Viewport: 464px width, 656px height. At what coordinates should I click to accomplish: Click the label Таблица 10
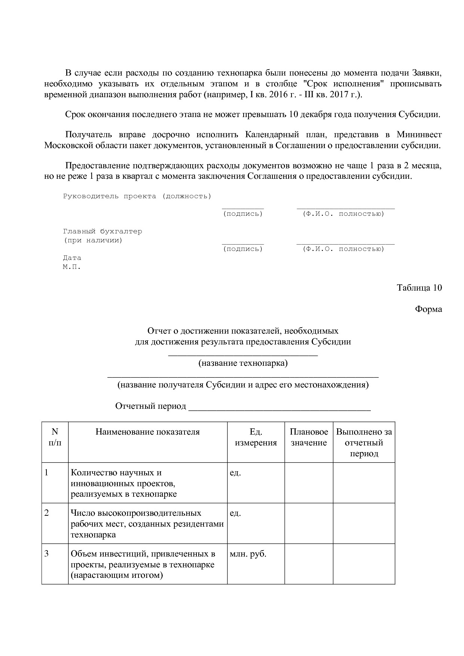coord(419,288)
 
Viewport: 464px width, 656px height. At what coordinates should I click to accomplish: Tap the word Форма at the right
coord(428,309)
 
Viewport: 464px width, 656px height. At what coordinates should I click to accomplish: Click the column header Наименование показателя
coord(147,432)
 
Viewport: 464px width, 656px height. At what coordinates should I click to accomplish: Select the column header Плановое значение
coord(309,437)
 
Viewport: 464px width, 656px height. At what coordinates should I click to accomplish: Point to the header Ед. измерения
coord(256,437)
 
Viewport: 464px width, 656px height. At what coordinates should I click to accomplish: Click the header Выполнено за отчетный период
coord(364,442)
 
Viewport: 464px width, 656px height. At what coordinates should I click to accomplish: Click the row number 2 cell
coord(55,523)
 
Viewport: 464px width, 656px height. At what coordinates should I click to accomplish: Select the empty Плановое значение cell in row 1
coord(309,482)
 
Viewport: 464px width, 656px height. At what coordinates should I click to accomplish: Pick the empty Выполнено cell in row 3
coord(364,564)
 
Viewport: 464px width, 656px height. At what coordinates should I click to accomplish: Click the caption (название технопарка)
coord(243,363)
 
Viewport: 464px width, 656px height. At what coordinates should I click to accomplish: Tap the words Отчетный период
coord(150,406)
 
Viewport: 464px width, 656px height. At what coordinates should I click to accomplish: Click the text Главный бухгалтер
coord(103,232)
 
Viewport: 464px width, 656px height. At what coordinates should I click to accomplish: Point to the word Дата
coord(72,258)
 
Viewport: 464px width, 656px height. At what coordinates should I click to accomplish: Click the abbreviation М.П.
coord(71,267)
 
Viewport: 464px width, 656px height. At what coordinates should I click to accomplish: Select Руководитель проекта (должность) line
coord(137,196)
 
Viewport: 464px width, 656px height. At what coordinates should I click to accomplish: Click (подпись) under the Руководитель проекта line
coord(243,214)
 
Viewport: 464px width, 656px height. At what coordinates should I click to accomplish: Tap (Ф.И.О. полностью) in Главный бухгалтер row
coord(343,249)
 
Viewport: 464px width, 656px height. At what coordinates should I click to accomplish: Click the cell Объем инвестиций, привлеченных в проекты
coord(147,564)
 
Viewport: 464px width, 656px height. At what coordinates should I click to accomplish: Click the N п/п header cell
coord(55,437)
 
